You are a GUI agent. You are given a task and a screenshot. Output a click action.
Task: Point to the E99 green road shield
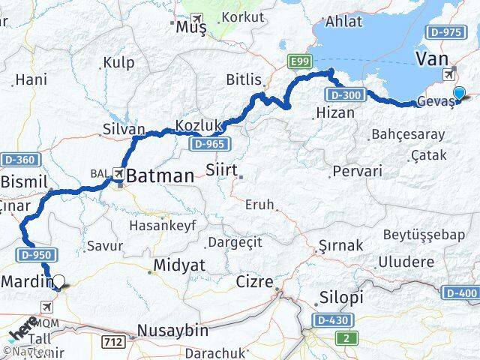[298, 64]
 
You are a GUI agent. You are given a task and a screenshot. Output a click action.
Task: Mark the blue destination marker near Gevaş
[459, 94]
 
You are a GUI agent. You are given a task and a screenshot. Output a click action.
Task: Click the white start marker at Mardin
[58, 283]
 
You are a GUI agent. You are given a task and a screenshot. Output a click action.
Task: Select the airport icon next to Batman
[118, 172]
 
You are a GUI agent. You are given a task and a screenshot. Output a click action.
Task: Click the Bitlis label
[244, 79]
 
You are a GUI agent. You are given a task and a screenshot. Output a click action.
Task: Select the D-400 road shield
[460, 292]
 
